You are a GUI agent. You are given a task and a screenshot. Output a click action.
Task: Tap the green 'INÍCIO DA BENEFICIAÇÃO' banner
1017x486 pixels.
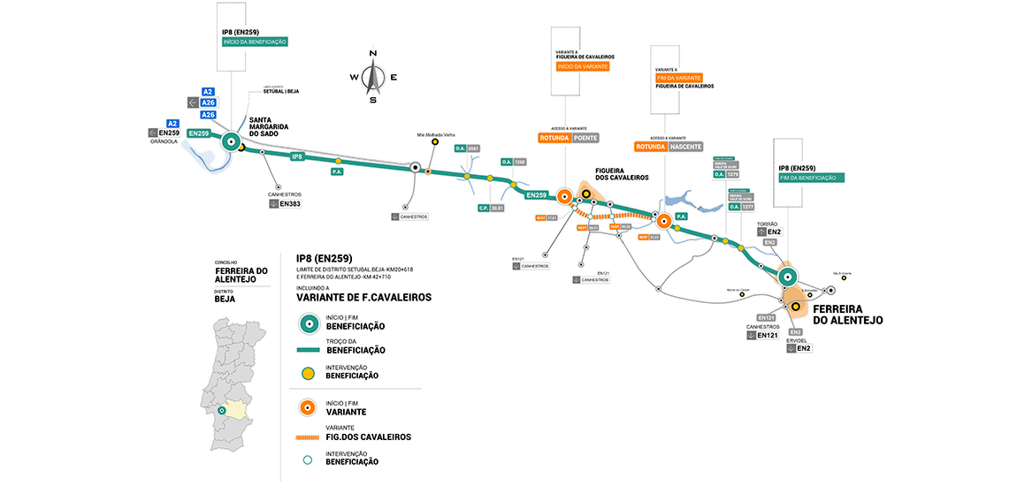coord(255,42)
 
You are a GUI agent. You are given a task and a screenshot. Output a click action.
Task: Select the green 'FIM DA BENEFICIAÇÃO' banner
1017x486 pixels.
coord(811,178)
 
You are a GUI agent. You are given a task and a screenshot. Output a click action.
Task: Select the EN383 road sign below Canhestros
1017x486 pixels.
coord(286,204)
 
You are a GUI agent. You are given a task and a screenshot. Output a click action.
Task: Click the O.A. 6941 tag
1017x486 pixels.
coord(467,148)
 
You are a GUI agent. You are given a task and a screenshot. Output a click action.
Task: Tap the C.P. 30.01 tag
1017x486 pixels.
coord(491,208)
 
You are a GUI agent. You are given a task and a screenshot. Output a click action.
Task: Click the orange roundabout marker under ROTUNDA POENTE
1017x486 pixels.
coord(563,199)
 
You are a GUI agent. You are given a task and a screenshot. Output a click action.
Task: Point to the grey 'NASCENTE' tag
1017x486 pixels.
coord(685,147)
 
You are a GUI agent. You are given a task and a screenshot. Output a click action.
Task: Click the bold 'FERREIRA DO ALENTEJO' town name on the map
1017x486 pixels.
coord(847,314)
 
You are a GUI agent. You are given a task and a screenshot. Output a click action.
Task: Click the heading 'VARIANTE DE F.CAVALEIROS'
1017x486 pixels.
coord(363,298)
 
